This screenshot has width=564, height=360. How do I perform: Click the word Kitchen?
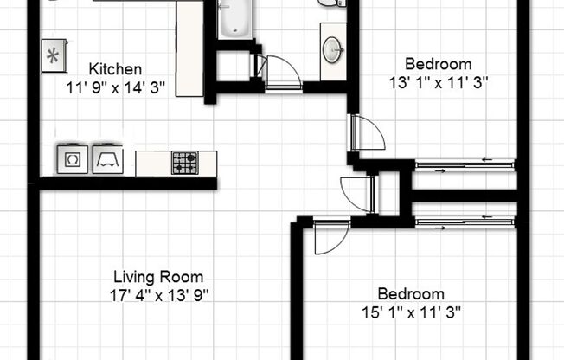pyautogui.click(x=115, y=69)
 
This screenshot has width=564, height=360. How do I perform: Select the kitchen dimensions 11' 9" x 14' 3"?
pyautogui.click(x=115, y=87)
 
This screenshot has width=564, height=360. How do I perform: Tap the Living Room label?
pyautogui.click(x=158, y=278)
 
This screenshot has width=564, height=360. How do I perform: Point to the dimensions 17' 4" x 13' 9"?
pyautogui.click(x=158, y=294)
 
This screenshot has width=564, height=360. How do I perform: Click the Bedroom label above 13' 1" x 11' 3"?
pyautogui.click(x=439, y=64)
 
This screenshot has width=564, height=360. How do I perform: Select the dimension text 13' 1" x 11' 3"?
pyautogui.click(x=439, y=82)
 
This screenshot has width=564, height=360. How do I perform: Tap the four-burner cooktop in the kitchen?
pyautogui.click(x=183, y=162)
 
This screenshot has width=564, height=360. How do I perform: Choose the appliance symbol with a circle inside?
pyautogui.click(x=70, y=159)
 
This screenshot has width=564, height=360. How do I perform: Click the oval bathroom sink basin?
pyautogui.click(x=333, y=50)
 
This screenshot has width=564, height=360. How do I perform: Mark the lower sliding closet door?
pyautogui.click(x=465, y=222)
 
